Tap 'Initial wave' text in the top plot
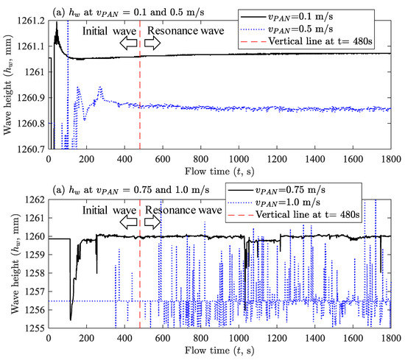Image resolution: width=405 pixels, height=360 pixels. [x=102, y=32]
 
